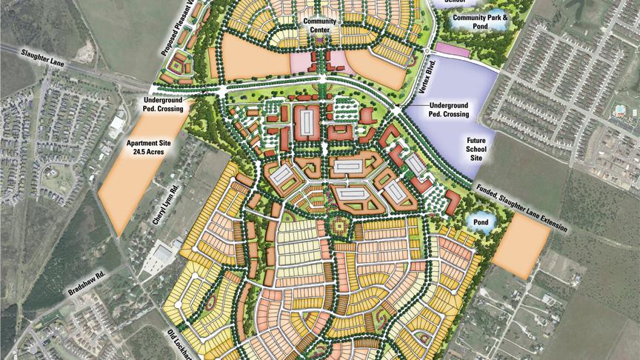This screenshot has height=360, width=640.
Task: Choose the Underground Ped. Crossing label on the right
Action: [x=459, y=110]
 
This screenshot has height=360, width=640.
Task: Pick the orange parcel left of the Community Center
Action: [x=250, y=57]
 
